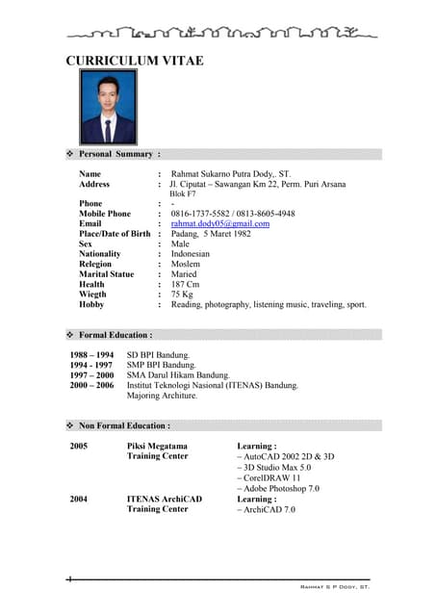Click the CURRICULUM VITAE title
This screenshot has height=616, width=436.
point(134,62)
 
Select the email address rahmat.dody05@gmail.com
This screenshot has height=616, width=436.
point(219,224)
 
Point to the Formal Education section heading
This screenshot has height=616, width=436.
point(115,335)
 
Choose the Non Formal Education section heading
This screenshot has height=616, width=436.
point(124,424)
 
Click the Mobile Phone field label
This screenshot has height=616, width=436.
point(105,214)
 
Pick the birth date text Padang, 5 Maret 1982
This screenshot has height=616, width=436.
point(210,234)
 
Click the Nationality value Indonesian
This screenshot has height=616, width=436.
point(190,254)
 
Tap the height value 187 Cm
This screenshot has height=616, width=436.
point(186,285)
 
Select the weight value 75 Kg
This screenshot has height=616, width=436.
point(182,295)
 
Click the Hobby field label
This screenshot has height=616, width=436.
point(92,305)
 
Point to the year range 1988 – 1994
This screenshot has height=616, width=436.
point(91,355)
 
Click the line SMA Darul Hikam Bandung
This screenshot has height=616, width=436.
point(178,375)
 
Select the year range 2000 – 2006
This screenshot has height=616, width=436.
point(91,385)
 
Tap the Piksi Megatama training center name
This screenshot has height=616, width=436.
point(157,447)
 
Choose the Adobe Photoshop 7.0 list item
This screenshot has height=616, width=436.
point(281,488)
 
